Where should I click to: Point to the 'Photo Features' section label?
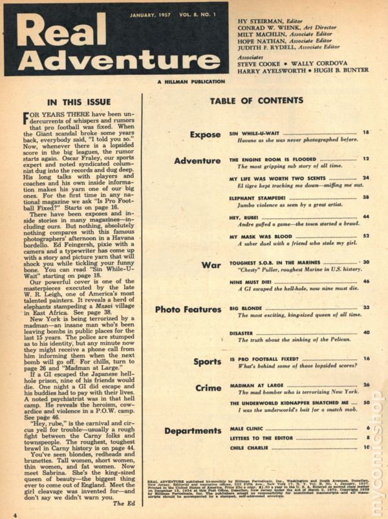(x=189, y=309)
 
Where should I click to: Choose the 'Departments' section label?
(x=193, y=431)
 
